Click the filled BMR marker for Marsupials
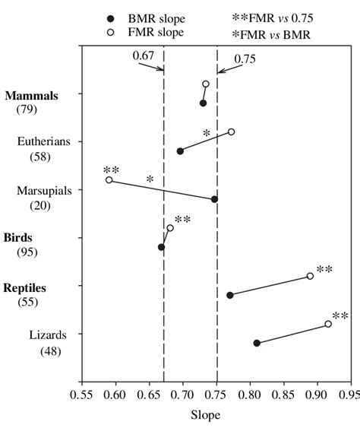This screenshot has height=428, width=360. (214, 199)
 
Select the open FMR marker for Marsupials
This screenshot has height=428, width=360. (109, 180)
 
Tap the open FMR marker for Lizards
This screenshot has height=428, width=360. (328, 324)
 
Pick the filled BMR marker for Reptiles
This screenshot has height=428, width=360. (229, 295)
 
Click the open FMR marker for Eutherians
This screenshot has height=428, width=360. (232, 132)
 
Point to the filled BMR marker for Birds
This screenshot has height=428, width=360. (161, 247)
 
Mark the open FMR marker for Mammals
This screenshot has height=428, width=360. (206, 84)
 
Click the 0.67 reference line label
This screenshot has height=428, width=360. (144, 55)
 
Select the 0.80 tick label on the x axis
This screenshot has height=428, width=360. (250, 395)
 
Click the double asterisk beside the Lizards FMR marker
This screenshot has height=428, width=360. (340, 316)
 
